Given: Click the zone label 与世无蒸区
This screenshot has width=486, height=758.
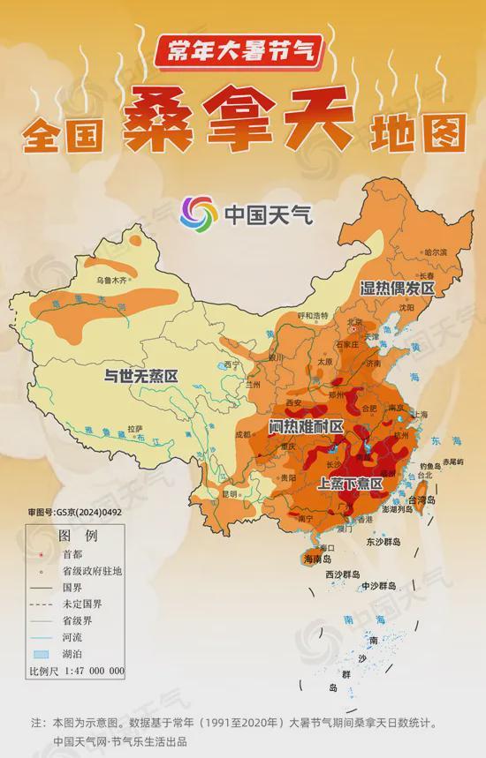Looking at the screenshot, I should click(140, 375).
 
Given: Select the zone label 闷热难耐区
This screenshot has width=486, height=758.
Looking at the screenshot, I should click(306, 426).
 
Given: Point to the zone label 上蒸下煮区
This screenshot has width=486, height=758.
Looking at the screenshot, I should click(350, 484).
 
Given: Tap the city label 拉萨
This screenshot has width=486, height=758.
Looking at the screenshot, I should click(135, 427).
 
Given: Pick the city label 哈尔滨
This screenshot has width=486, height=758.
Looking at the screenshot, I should click(436, 252).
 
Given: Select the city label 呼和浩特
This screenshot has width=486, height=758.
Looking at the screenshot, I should click(312, 315).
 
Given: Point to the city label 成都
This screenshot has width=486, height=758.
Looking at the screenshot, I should click(243, 434).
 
